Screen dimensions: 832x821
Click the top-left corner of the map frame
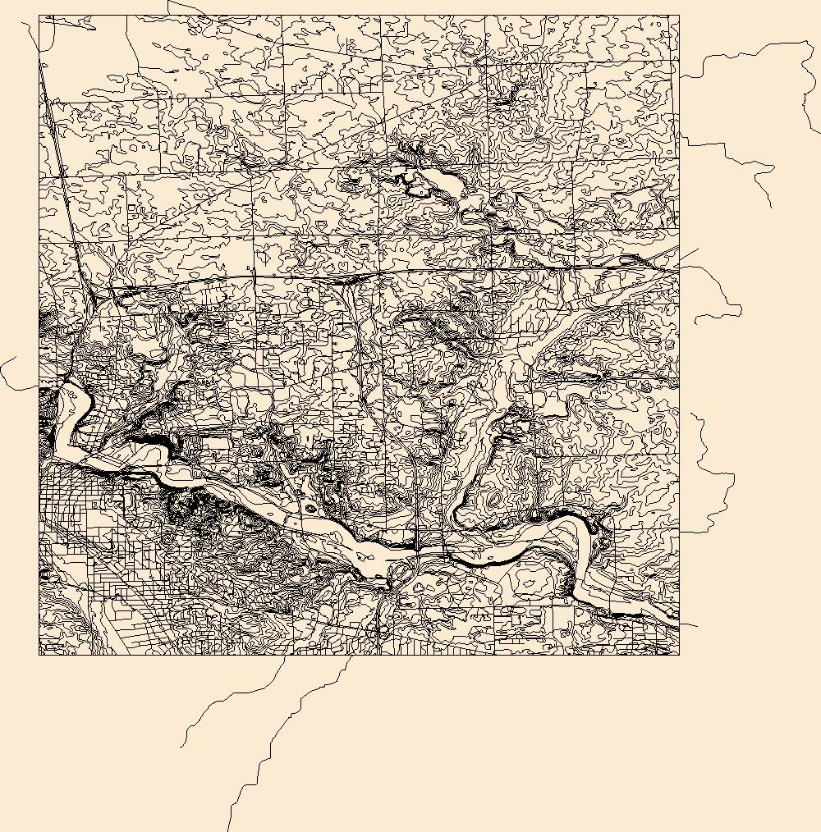[39, 16]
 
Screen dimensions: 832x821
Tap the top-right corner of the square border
[679, 16]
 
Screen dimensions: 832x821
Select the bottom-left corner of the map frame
[39, 655]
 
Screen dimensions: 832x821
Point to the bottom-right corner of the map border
[679, 655]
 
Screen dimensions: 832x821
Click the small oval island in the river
[310, 509]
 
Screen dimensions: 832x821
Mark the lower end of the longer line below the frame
[229, 830]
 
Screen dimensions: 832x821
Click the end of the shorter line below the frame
[181, 747]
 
